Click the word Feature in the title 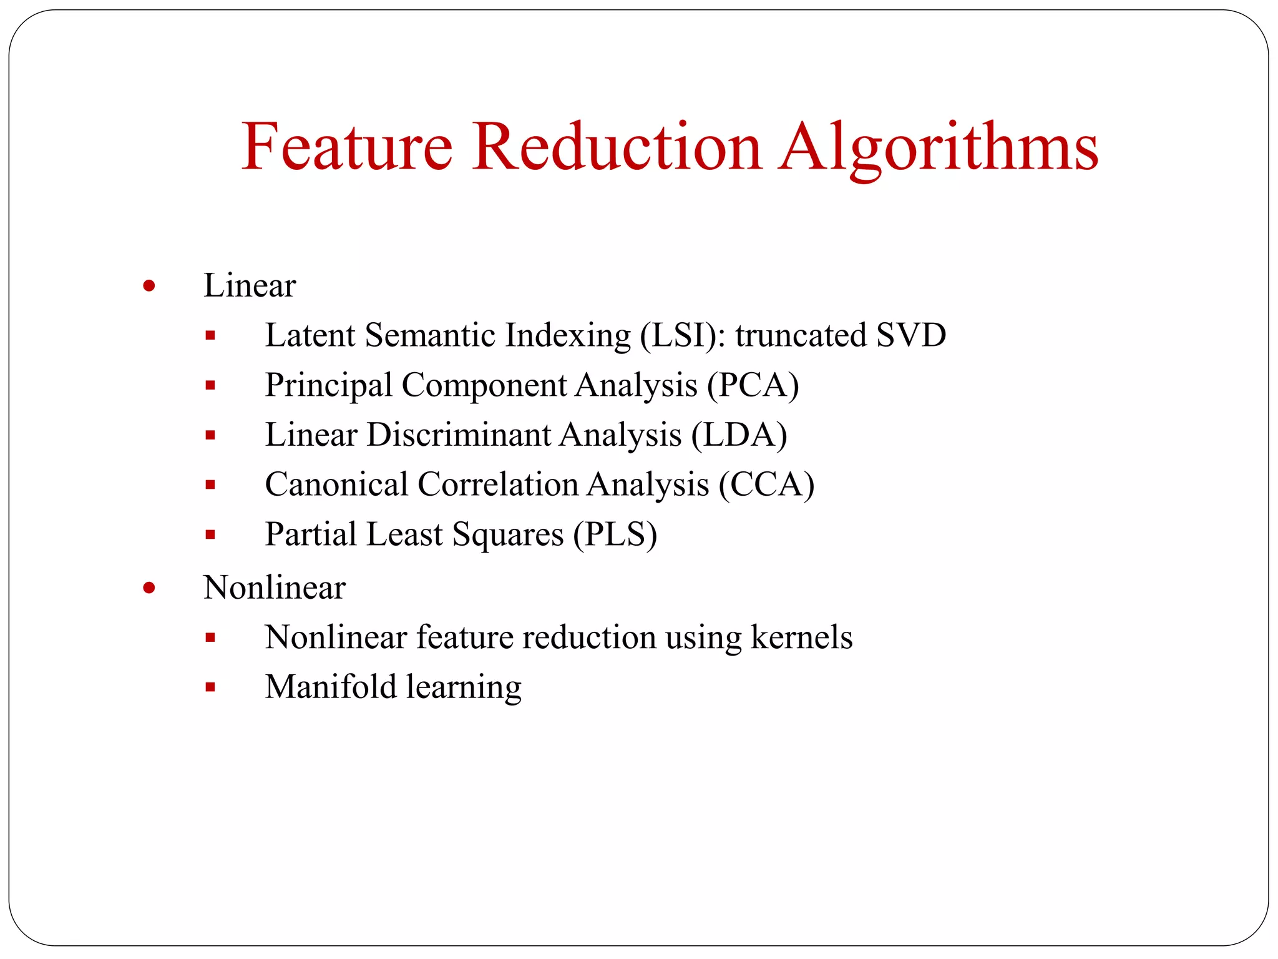coord(347,147)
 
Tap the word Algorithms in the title coord(939,147)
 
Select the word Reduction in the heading coord(617,147)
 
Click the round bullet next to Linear coord(149,287)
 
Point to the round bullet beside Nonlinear coord(149,588)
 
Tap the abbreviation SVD coord(910,335)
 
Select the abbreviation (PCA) coord(753,385)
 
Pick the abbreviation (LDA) coord(739,435)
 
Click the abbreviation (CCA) coord(766,484)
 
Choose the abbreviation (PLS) coord(615,534)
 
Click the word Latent coord(310,335)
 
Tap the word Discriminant coord(459,435)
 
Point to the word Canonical coord(336,484)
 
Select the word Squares coord(508,534)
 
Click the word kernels coord(801,637)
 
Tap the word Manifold coord(331,687)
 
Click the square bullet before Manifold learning coord(210,687)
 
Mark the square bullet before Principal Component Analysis coord(210,386)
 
